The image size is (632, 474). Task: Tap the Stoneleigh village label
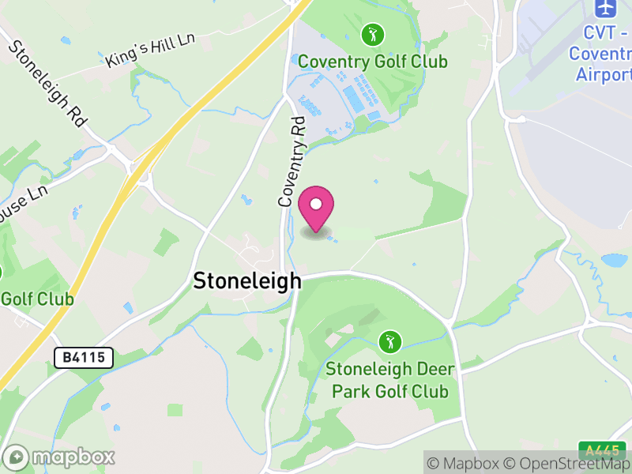pos(247,280)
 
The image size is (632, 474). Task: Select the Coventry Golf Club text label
pos(372,62)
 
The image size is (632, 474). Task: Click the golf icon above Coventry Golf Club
pos(372,35)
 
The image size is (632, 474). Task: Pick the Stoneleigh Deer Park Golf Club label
pos(388,379)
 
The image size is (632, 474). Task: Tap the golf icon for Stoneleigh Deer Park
pos(389,342)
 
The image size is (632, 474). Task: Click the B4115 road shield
pos(84,358)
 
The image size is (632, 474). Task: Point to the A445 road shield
pos(602,450)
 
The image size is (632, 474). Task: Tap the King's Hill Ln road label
pos(149,50)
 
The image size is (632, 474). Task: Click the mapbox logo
pos(60,457)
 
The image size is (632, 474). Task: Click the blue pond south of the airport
pos(614,261)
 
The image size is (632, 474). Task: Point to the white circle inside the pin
pos(316,205)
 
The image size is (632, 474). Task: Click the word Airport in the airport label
pos(604,74)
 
